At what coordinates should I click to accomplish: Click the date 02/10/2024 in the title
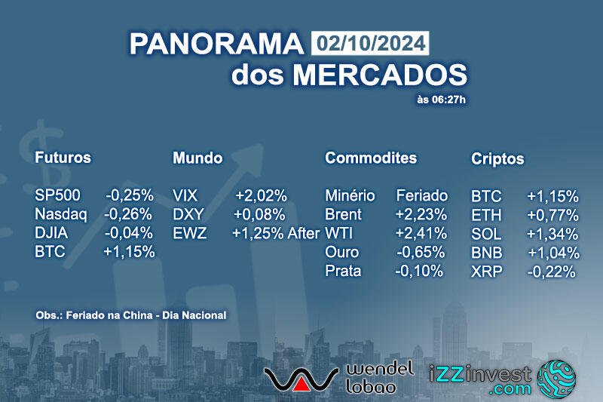370,43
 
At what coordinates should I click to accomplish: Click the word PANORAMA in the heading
216,44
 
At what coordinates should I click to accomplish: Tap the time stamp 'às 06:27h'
442,100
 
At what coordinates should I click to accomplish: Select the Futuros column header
63,158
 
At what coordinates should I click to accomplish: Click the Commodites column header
371,158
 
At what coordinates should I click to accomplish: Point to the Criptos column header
497,158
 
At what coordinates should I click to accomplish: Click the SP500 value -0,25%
130,195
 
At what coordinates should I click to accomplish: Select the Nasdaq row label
61,214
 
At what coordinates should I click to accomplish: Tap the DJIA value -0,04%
129,233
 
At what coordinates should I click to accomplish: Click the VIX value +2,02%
262,196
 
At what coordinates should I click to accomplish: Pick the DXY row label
188,214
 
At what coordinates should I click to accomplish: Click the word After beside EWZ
304,233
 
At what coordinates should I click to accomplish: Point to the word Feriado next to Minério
422,196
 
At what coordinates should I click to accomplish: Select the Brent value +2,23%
421,214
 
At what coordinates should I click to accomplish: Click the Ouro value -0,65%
421,252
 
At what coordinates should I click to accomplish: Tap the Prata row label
343,271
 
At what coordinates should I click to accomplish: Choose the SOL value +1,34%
552,234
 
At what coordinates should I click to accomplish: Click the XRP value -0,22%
552,272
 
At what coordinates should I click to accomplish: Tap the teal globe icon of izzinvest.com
556,379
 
